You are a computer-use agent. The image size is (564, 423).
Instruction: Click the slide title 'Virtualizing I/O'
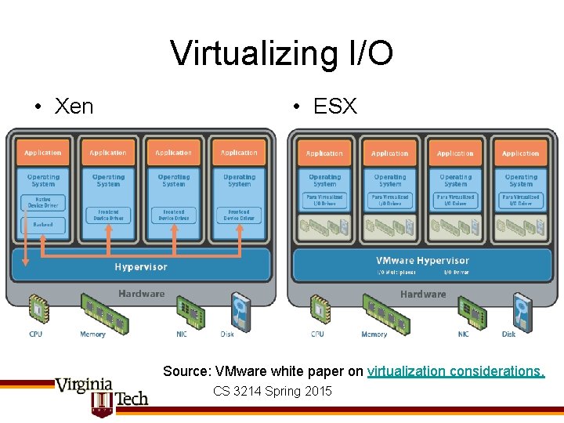coord(281,54)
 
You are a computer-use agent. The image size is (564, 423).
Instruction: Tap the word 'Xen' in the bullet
coord(74,107)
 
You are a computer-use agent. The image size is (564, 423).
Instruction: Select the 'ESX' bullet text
coord(334,107)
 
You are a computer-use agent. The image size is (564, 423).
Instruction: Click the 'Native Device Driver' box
coord(43,202)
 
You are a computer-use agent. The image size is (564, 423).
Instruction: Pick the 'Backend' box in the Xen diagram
coord(43,224)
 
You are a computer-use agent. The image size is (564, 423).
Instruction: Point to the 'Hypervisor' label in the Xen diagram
coord(141,267)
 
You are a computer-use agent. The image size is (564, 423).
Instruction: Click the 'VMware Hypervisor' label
coord(422,261)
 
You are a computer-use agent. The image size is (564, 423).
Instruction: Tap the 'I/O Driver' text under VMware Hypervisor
coord(457,273)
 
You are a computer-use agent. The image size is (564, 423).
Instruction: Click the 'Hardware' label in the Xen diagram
coord(141,294)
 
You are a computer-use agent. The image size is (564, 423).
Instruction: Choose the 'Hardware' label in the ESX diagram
coord(423,295)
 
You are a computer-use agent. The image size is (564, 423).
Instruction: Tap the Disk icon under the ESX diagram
coord(522,310)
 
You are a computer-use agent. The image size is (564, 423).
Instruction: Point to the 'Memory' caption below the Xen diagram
coord(92,334)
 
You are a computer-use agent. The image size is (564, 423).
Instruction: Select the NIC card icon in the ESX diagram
coord(472,312)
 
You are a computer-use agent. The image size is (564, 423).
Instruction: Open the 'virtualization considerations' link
coord(456,371)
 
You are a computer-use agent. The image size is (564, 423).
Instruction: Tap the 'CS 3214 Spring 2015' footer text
coord(272,391)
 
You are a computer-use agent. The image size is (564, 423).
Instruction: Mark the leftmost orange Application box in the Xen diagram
coord(43,153)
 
